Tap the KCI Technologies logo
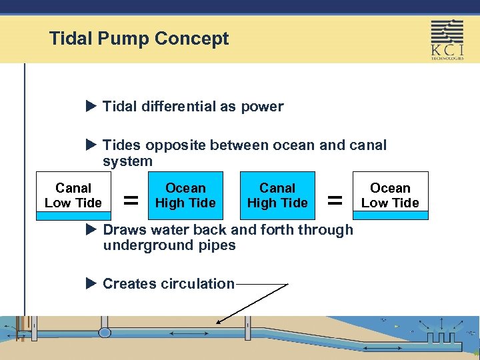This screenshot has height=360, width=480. coord(447,39)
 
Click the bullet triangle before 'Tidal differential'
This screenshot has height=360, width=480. coord(92,106)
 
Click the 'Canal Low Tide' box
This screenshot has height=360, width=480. coord(73,195)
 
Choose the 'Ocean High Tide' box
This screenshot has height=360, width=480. coord(185,195)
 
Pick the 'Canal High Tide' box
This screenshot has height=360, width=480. coord(277,195)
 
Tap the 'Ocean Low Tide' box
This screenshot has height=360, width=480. coord(390,195)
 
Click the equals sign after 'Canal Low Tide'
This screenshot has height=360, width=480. coord(132,199)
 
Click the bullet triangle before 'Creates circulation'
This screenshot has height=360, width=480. coord(92,283)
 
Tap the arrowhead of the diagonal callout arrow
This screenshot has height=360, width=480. coord(216,322)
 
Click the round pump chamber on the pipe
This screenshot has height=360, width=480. coord(105,333)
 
